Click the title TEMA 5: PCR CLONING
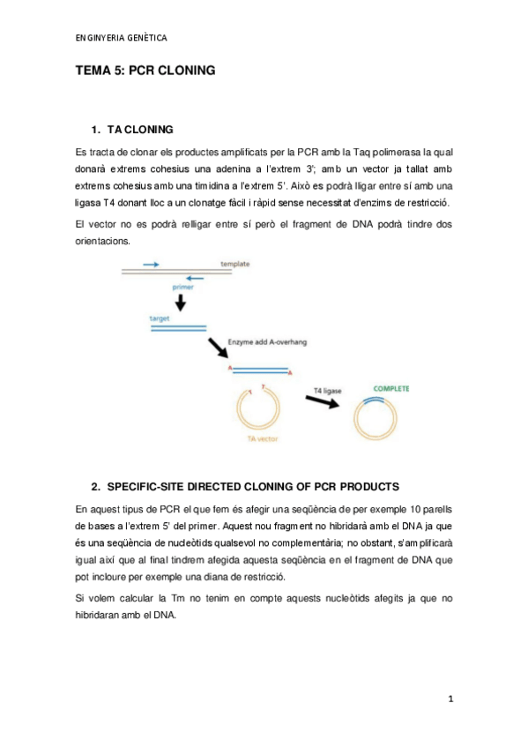145,75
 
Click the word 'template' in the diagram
235,264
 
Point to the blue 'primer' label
182,287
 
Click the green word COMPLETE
390,388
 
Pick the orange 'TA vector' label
262,438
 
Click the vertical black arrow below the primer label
181,303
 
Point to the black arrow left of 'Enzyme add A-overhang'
216,346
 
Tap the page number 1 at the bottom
450,699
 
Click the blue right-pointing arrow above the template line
151,264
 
